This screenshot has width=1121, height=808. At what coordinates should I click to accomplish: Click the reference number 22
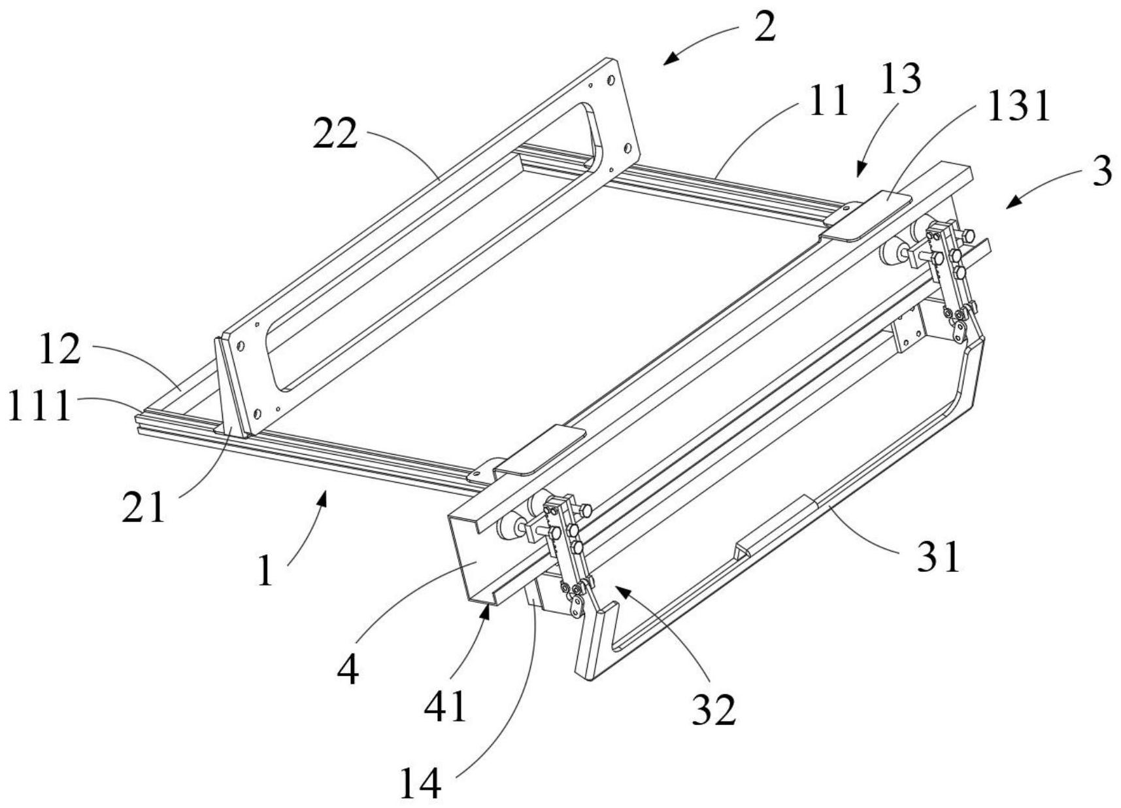[x=335, y=133]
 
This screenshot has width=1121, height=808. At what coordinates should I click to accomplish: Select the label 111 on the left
[x=39, y=406]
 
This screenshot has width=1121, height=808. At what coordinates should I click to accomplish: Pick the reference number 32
[x=714, y=709]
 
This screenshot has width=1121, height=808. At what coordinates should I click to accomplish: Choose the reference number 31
[x=939, y=557]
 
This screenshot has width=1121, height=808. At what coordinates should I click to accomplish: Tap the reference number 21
[x=144, y=506]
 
